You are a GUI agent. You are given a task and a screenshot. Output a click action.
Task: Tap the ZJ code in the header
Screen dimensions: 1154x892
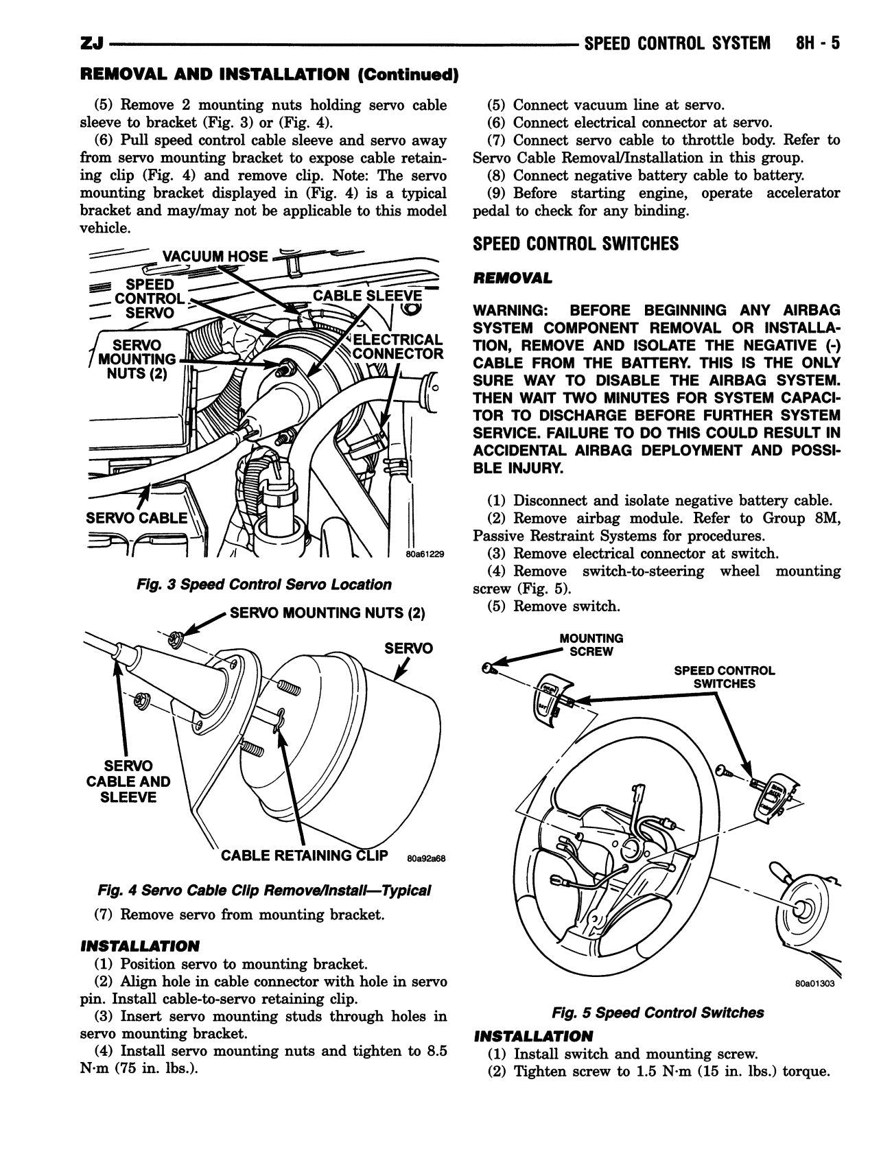[91, 45]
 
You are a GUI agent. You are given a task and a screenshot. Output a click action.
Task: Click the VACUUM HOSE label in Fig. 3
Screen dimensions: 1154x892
[215, 257]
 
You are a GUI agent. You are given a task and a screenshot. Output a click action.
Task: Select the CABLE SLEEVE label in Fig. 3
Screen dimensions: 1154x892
[367, 296]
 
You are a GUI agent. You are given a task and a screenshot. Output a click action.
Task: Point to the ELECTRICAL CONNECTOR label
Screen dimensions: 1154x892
[398, 346]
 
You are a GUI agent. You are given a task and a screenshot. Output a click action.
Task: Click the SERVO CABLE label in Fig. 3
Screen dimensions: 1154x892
[136, 517]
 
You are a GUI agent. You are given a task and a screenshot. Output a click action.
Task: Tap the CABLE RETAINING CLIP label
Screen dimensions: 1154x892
[304, 856]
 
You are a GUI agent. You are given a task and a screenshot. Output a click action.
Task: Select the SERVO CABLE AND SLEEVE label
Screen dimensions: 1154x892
[128, 781]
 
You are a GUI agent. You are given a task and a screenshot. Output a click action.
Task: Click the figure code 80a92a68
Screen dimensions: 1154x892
[426, 858]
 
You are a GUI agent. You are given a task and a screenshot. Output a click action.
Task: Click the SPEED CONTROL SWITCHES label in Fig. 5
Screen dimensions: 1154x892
[724, 677]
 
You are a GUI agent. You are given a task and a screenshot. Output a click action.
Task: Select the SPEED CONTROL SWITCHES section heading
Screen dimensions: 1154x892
[575, 244]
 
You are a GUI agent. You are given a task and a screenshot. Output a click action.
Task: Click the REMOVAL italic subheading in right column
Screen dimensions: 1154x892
[512, 278]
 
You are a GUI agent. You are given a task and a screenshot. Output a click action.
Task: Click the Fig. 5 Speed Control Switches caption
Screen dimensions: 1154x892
[657, 1013]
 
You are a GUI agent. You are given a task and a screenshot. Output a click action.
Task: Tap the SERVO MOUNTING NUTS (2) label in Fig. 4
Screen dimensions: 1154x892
[327, 613]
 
